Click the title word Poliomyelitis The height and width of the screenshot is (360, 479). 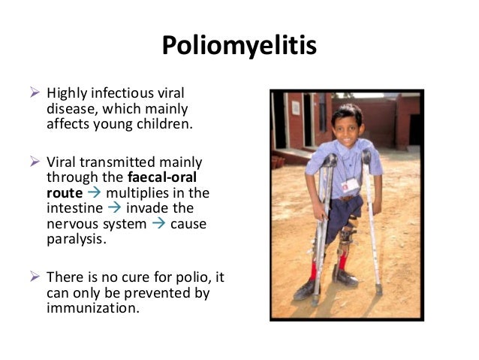(x=239, y=47)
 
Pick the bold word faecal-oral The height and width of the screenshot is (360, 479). (x=158, y=177)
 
